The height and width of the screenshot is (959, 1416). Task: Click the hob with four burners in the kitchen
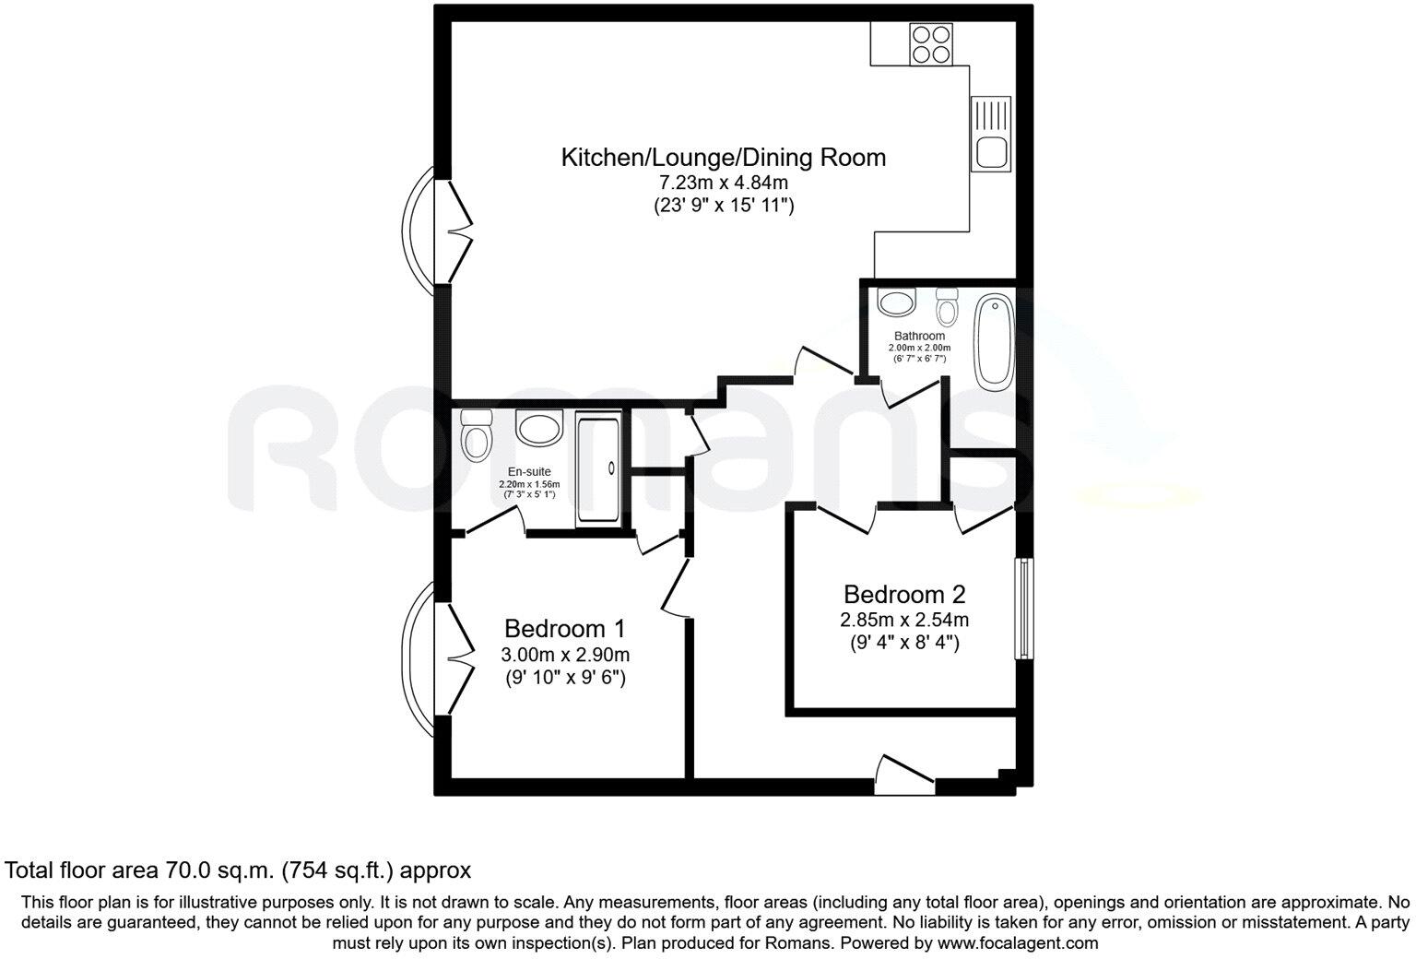coord(931,43)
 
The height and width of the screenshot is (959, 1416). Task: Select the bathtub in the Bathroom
coord(994,340)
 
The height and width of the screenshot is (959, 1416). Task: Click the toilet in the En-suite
coord(477,435)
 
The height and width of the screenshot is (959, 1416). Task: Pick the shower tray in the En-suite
coord(598,469)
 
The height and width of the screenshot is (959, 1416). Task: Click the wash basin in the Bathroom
coord(895,302)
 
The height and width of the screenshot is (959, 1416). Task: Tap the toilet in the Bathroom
coord(947,303)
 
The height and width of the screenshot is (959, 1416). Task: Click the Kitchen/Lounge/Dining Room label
coord(723,158)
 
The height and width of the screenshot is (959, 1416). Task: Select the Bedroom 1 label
coord(564,629)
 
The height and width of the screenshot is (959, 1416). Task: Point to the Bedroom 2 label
coord(903,594)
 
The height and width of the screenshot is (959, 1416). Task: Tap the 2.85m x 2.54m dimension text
coord(903,620)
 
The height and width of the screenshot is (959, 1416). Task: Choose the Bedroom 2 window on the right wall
coord(1022,609)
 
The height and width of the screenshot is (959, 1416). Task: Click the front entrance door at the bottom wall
coord(904,775)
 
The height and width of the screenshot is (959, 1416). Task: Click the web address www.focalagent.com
coord(1018,943)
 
